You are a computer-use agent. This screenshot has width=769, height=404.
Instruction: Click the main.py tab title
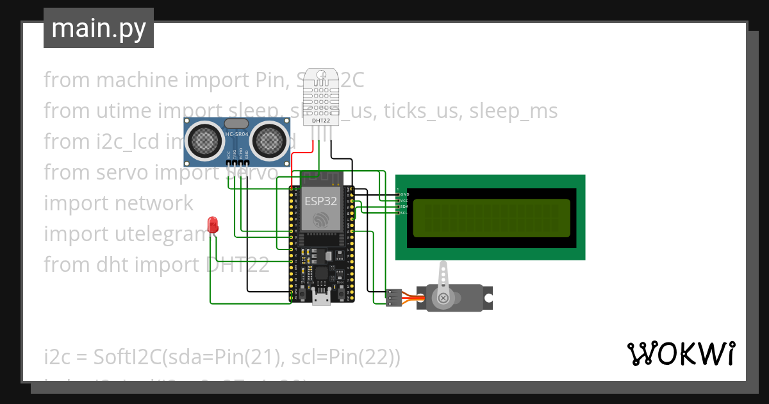[99, 28]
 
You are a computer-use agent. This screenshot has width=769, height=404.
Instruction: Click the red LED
[213, 225]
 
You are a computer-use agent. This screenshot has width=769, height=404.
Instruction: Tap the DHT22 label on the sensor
[320, 120]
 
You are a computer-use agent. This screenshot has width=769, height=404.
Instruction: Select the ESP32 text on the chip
[320, 201]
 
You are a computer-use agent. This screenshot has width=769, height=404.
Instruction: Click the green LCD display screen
[491, 217]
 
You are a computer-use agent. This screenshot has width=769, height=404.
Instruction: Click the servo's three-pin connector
[393, 298]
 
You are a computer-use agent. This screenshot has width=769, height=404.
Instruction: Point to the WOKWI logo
[681, 354]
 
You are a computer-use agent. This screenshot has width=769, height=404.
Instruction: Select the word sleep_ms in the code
[513, 111]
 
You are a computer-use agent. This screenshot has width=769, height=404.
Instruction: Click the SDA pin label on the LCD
[404, 206]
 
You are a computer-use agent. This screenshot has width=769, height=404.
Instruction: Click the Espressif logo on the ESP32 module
[320, 220]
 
